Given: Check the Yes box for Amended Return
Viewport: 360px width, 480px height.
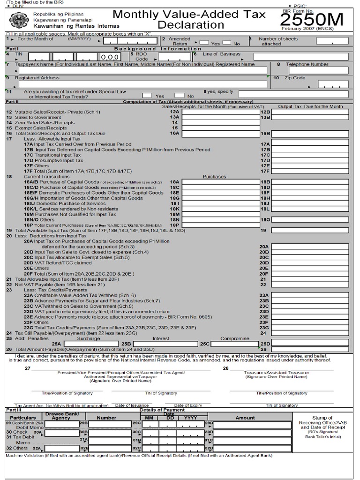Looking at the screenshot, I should pyautogui.click(x=204, y=42).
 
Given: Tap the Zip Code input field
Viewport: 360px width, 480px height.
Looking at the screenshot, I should pyautogui.click(x=332, y=84).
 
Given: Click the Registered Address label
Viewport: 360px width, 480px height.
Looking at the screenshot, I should pyautogui.click(x=34, y=78).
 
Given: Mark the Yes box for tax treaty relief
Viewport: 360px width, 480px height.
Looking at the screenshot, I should pyautogui.click(x=147, y=95).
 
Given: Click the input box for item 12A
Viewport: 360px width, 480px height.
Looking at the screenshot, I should pyautogui.click(x=220, y=112).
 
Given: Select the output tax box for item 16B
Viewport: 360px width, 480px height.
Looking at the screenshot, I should pyautogui.click(x=310, y=134).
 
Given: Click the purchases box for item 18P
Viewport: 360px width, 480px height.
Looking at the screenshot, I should pyautogui.click(x=220, y=225).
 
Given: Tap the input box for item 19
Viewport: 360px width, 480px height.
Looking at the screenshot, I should pyautogui.click(x=310, y=231).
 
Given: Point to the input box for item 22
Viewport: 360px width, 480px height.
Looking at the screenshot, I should pyautogui.click(x=310, y=285).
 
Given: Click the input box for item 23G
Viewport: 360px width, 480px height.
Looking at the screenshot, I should pyautogui.click(x=310, y=328).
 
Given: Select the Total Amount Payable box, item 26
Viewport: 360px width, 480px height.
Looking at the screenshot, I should pyautogui.click(x=310, y=349).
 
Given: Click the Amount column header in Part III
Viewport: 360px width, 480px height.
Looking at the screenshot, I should pyautogui.click(x=245, y=418).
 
